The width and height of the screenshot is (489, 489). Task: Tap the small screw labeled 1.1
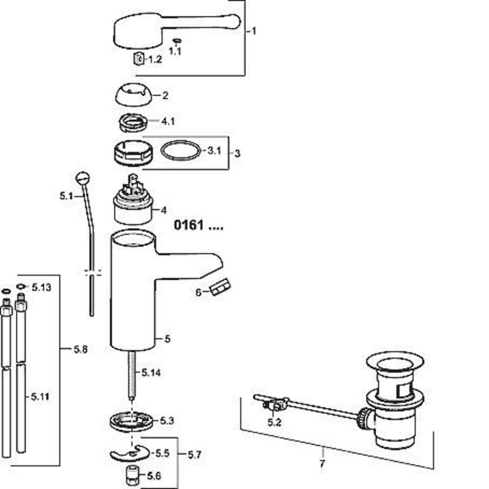[177, 41]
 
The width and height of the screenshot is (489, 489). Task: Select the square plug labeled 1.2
[139, 58]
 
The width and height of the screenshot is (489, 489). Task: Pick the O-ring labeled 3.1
[181, 150]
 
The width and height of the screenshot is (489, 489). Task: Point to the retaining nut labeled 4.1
[133, 122]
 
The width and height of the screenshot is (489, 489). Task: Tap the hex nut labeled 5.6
[132, 476]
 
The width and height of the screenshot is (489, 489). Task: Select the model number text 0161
[189, 225]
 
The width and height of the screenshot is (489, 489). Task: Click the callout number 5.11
[40, 397]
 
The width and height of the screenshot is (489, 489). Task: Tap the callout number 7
[322, 463]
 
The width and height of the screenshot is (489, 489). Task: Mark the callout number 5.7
[195, 455]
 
